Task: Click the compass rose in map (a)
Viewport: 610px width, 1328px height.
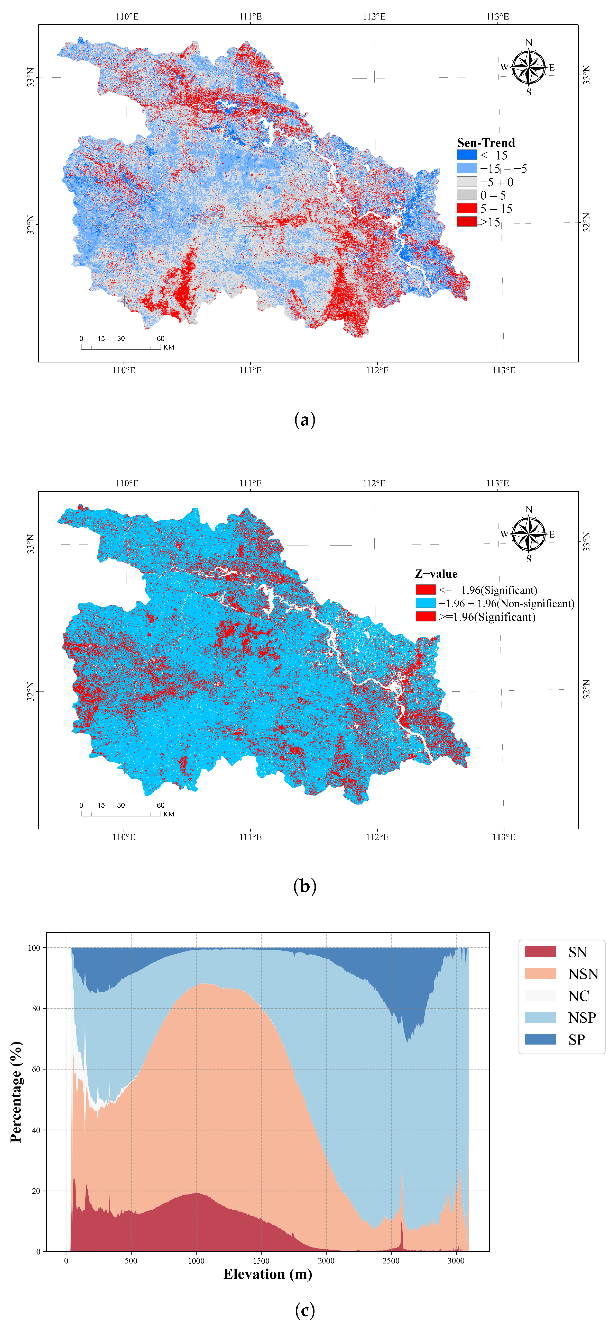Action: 529,67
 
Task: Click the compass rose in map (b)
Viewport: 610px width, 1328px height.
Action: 529,533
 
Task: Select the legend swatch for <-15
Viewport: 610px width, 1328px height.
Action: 466,155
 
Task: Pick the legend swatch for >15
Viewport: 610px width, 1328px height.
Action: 466,222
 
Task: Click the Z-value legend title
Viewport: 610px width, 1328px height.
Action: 436,574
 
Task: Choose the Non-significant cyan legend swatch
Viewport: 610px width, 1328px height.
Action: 426,603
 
